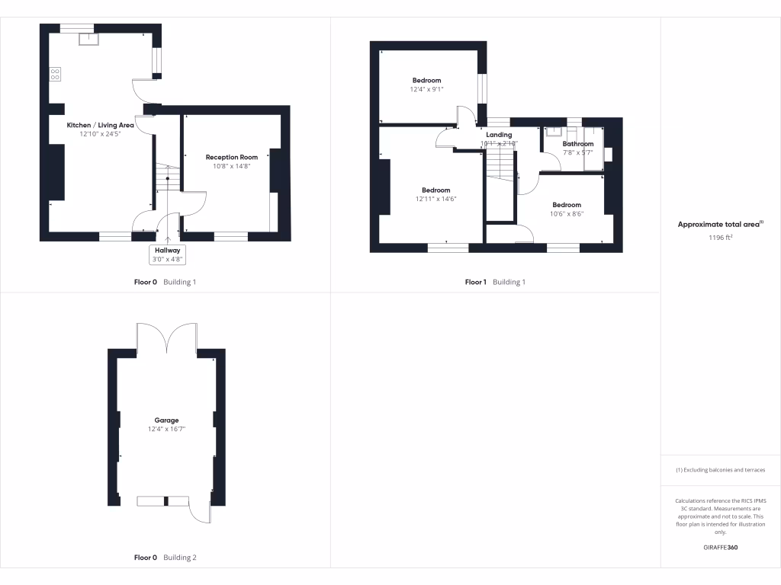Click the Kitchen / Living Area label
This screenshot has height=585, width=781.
tap(101, 125)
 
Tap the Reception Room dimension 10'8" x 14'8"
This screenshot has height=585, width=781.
tap(236, 166)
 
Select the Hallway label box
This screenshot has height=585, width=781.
tap(168, 254)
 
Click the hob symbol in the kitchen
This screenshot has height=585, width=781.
tap(55, 74)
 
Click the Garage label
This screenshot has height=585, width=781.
tap(167, 420)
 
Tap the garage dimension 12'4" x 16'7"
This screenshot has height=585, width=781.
tap(167, 430)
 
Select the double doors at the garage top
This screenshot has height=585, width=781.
tap(167, 337)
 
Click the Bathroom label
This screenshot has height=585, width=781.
tap(577, 143)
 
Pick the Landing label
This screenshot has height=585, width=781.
tap(499, 135)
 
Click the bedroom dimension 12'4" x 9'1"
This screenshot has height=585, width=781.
tap(426, 90)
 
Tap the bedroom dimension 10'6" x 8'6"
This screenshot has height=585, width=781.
tap(567, 214)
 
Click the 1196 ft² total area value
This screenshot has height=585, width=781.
tap(720, 238)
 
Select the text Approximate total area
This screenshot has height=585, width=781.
tap(718, 225)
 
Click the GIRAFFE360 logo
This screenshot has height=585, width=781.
tap(720, 548)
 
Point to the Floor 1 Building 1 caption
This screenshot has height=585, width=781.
tap(495, 282)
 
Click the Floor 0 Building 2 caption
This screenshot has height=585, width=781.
tap(165, 558)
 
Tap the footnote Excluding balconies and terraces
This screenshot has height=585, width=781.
tap(720, 470)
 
